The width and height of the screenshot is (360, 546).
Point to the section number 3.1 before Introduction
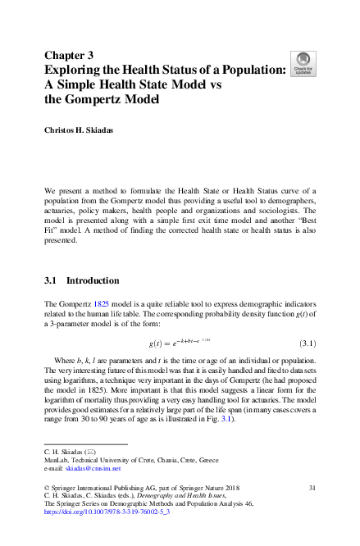[x=51, y=280]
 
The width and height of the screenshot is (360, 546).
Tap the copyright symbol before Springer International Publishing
[x=46, y=488]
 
